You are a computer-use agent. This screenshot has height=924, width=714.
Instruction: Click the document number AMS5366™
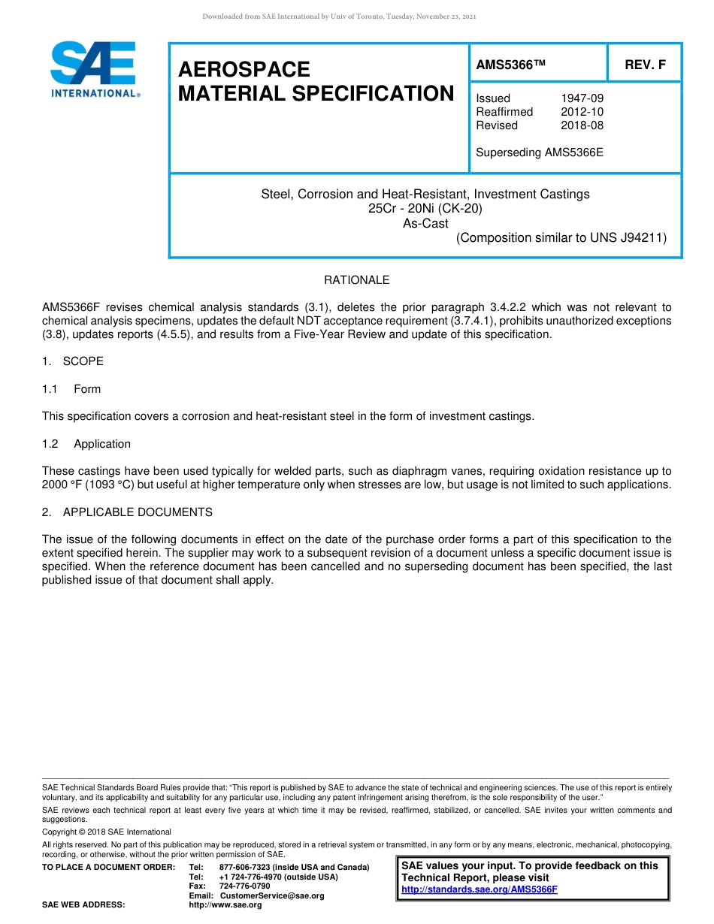click(x=510, y=65)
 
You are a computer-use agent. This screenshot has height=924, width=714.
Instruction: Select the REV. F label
click(x=645, y=65)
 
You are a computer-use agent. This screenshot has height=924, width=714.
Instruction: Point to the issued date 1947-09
click(x=582, y=98)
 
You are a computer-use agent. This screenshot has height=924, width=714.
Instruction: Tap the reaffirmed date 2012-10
click(x=582, y=112)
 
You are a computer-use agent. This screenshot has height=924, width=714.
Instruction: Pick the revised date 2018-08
click(x=582, y=125)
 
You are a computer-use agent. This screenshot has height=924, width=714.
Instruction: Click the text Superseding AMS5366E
click(x=540, y=152)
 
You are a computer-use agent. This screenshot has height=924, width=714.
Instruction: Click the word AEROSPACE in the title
click(x=244, y=70)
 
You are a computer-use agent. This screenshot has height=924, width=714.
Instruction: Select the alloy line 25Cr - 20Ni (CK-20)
click(x=425, y=208)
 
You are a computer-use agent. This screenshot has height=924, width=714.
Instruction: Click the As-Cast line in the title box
click(x=425, y=223)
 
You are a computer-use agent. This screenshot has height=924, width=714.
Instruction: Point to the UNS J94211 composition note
click(x=561, y=238)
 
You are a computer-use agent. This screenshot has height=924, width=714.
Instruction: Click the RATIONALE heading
click(x=356, y=280)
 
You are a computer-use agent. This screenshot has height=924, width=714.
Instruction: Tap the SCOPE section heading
click(x=83, y=361)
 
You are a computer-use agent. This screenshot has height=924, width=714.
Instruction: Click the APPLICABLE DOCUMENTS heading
click(x=138, y=512)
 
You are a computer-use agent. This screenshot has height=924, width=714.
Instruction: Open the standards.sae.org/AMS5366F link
click(x=480, y=889)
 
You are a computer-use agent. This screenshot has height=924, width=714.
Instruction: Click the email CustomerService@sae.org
click(x=272, y=895)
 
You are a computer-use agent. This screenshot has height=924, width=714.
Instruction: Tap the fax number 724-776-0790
click(x=244, y=886)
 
